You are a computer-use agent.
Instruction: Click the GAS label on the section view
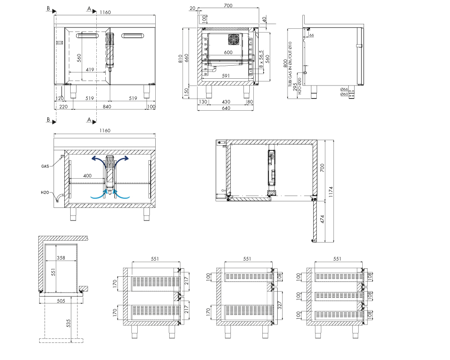[x=45, y=166]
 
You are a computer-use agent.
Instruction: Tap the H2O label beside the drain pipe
[x=45, y=192]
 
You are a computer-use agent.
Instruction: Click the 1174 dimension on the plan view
[x=331, y=192]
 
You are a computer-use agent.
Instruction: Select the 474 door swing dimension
[x=322, y=219]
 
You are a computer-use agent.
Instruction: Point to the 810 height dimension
[x=180, y=58]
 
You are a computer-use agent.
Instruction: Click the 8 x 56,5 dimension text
[x=261, y=59]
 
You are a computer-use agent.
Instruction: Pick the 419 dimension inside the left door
[x=90, y=69]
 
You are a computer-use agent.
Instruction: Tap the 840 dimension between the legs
[x=107, y=107]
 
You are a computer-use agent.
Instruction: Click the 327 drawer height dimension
[x=280, y=305]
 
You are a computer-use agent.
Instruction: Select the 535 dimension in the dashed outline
[x=68, y=323]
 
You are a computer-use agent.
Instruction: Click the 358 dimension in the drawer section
[x=61, y=258]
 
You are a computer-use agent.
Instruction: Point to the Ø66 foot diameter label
[x=344, y=89]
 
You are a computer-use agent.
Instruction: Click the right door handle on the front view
[x=133, y=36]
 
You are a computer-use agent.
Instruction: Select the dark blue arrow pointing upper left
[x=98, y=161]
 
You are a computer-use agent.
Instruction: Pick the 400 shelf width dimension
[x=87, y=175]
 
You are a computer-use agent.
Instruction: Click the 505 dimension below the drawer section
[x=61, y=301]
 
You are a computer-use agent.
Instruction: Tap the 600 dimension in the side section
[x=228, y=52]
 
